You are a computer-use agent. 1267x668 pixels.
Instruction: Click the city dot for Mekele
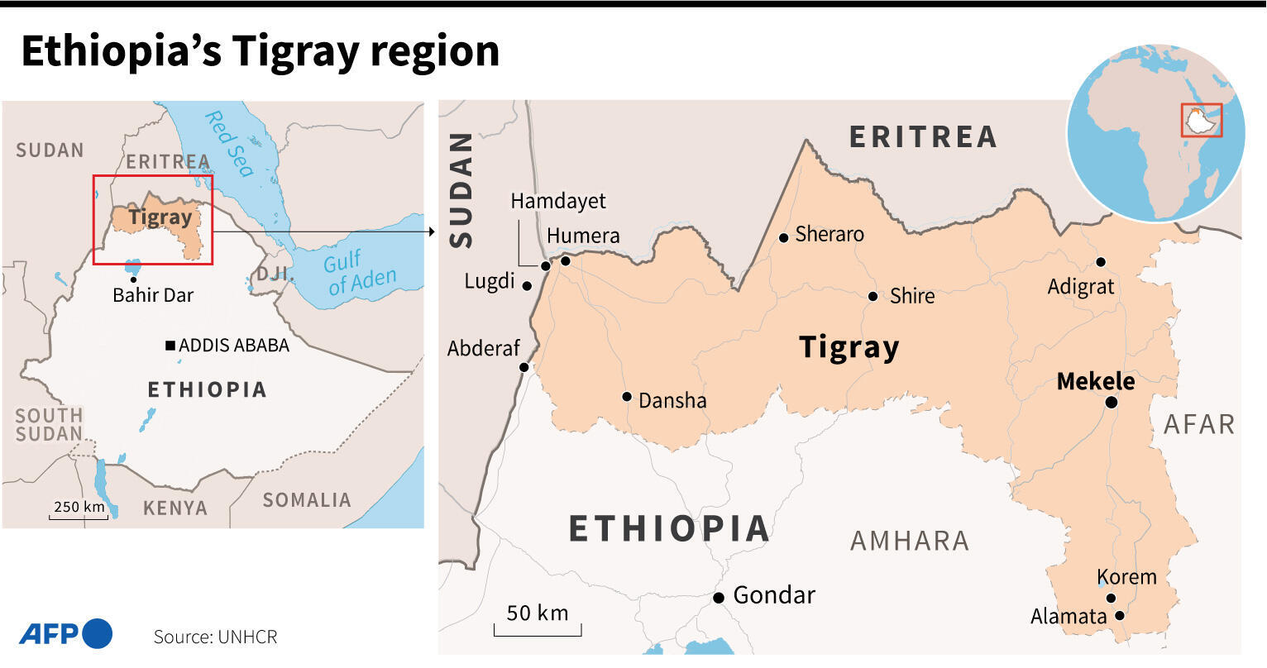coord(1112,402)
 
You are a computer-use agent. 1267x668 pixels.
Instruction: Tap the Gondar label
coord(774,595)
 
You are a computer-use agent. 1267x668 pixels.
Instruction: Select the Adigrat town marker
coord(1101,262)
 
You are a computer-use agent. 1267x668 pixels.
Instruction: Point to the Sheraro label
coord(829,234)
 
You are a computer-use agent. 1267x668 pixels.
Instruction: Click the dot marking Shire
coord(873,296)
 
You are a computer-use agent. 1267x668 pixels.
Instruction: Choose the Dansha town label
coord(672,401)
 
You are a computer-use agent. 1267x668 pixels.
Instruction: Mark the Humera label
coord(583,236)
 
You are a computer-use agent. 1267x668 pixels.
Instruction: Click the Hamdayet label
coord(557,201)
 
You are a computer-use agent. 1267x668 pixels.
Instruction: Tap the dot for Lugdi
coord(527,285)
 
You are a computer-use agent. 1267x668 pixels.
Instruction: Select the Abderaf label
coord(484,348)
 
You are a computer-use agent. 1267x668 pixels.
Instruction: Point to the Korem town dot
coord(1111,599)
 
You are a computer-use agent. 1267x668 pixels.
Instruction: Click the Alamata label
coord(1069,617)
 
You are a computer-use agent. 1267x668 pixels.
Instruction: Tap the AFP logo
coord(65,634)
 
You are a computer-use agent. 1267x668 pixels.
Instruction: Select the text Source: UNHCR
coord(215,637)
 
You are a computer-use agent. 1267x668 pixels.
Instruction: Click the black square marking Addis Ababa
coord(170,345)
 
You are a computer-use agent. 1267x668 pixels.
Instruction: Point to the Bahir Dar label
coord(153,295)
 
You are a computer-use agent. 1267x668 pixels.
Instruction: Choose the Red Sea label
coord(229,143)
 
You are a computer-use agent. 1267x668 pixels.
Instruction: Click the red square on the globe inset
coord(1201,120)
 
